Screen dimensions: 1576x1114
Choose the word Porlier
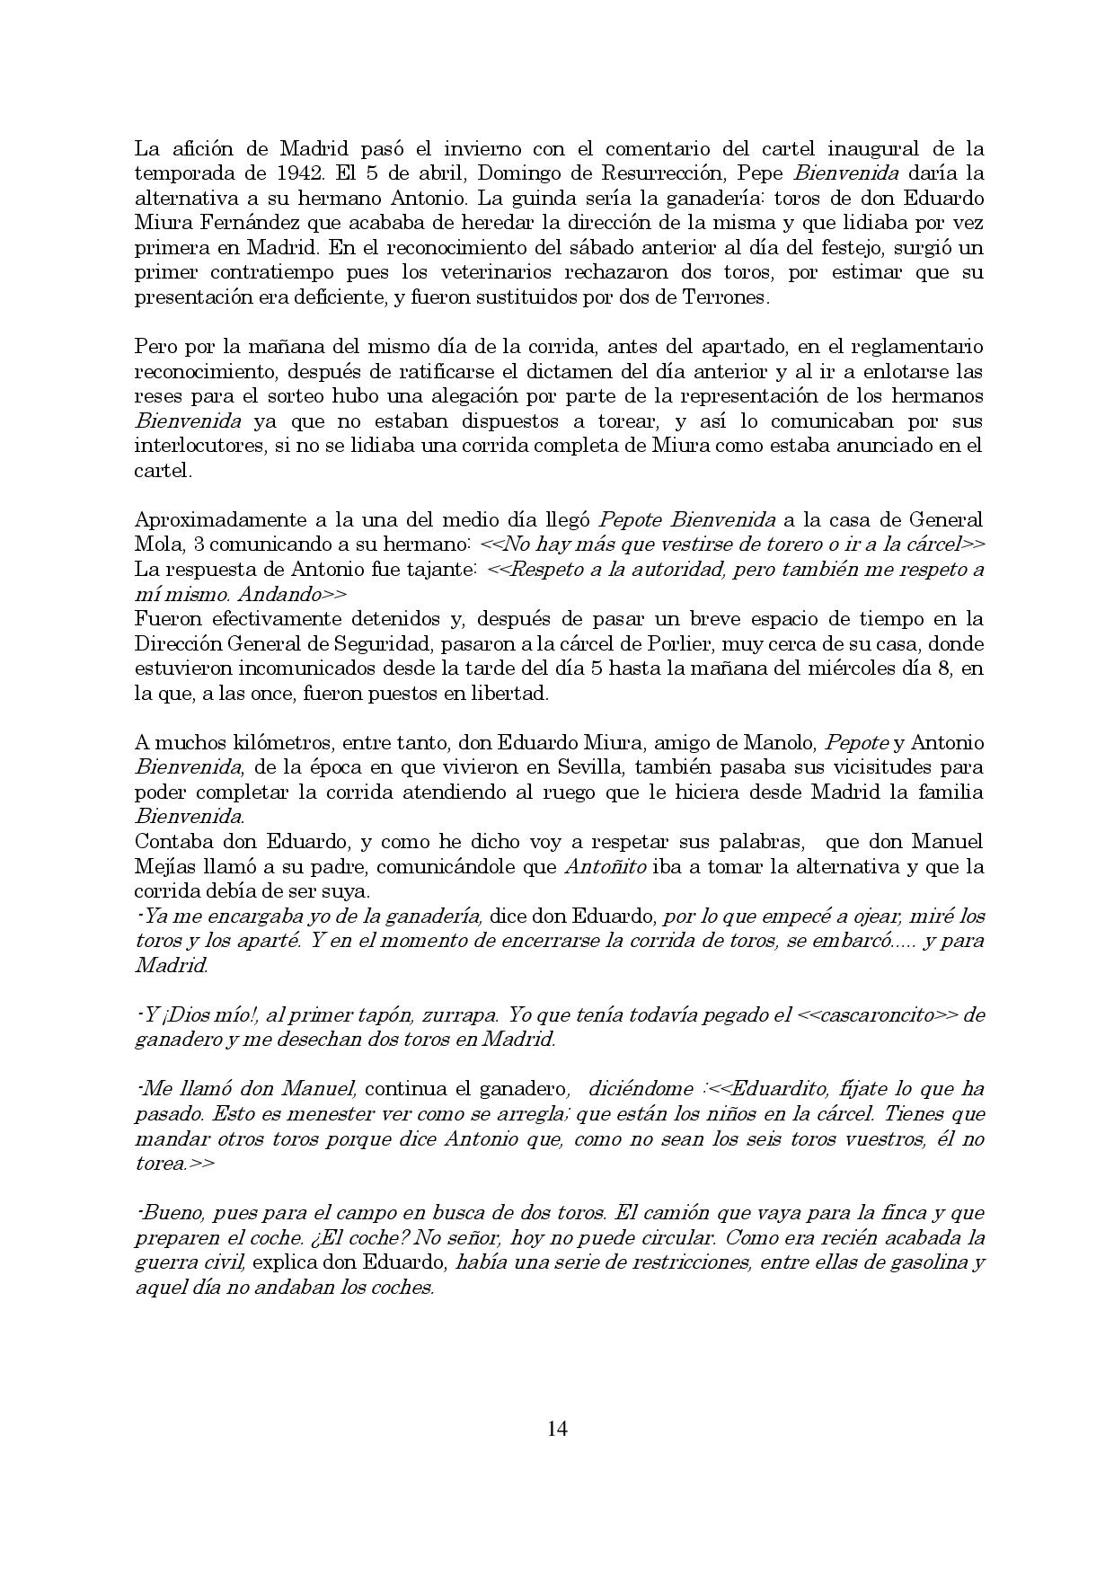click(685, 644)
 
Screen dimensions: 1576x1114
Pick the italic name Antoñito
click(602, 867)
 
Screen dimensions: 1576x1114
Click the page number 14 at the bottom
click(557, 1429)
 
